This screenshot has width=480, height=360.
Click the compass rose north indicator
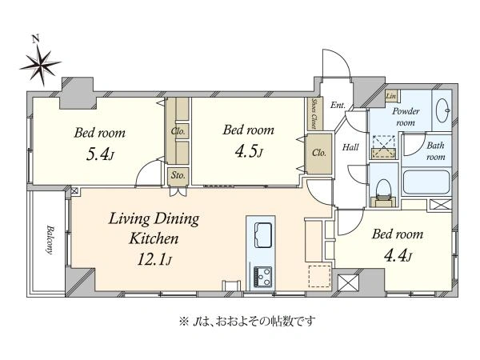40,64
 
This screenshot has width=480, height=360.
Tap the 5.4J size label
100,154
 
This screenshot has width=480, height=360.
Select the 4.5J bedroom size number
249,151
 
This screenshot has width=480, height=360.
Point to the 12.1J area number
154,259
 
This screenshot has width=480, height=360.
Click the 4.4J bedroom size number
398,256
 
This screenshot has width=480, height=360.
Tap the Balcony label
50,240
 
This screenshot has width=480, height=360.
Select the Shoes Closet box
314,114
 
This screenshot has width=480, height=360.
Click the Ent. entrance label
338,106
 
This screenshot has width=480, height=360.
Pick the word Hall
350,147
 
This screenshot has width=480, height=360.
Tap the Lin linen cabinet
391,96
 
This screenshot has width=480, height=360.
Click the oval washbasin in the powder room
443,110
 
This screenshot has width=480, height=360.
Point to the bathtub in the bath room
426,182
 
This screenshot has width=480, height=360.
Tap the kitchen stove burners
262,276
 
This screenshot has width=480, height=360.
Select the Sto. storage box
178,176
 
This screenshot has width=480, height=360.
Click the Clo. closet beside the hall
319,154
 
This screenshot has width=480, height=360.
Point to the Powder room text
406,117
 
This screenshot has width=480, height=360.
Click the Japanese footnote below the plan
247,322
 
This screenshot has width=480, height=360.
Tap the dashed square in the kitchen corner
319,276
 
